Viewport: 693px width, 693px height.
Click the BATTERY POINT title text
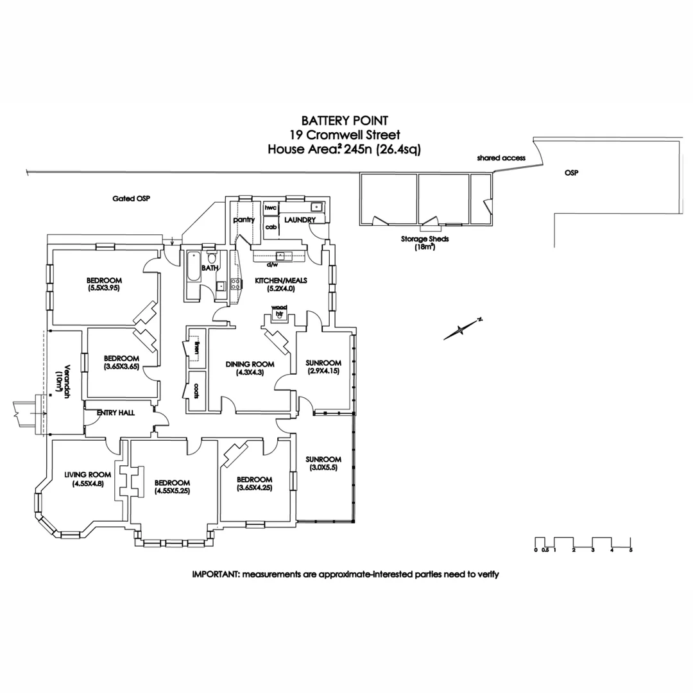[x=345, y=120]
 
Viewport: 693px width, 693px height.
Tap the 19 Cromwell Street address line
[x=345, y=135]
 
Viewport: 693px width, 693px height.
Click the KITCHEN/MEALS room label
[x=281, y=280]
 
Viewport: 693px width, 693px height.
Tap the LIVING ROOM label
[x=88, y=475]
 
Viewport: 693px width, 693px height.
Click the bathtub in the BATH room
[x=193, y=275]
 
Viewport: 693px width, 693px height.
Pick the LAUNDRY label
[x=302, y=220]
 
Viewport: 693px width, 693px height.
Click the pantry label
[x=244, y=219]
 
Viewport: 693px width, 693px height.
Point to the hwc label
[x=270, y=208]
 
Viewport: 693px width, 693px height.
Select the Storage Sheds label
[x=425, y=239]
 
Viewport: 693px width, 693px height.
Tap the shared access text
[x=501, y=158]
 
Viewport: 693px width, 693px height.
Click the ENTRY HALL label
[x=116, y=413]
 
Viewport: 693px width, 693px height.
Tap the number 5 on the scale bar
[x=631, y=550]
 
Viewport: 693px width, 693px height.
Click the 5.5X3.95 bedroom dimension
[x=104, y=288]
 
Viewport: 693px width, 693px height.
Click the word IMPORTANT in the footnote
[x=215, y=574]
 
